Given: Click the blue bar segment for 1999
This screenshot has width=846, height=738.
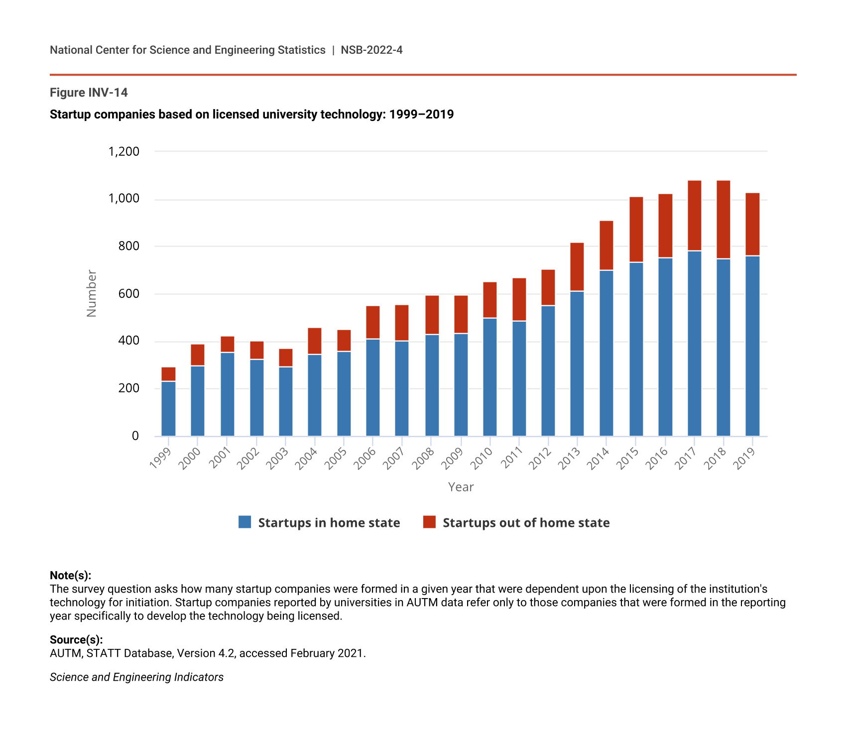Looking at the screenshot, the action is tap(168, 409).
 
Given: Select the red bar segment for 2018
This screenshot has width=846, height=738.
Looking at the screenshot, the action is tap(724, 220).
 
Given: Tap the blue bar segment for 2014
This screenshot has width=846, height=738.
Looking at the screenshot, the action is tap(606, 354).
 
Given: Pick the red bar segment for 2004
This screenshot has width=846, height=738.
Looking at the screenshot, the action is tap(315, 341).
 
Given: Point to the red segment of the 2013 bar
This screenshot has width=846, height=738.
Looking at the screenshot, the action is tap(577, 267).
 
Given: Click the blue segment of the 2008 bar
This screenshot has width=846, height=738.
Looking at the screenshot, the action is tap(432, 385).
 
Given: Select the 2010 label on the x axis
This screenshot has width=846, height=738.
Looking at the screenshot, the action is tap(482, 458).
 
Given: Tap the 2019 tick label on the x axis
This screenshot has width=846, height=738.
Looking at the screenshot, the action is tap(744, 458).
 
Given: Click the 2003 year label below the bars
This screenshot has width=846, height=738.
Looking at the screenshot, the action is tap(277, 458).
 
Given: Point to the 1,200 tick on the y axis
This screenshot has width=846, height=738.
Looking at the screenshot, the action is tap(124, 151).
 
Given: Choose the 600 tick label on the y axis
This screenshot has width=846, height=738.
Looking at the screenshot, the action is tap(129, 294).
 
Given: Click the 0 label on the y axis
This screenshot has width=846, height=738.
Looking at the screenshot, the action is tap(135, 436).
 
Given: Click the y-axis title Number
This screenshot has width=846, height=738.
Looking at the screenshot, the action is tap(92, 293).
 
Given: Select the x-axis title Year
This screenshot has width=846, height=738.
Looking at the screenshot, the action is tap(461, 487).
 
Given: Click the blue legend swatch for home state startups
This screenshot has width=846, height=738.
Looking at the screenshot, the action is tap(245, 522).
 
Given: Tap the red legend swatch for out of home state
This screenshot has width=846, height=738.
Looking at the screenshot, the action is tap(429, 522).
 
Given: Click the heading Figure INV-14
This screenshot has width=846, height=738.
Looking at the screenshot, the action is tap(89, 93).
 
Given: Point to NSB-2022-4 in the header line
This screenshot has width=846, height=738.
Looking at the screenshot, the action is tap(371, 50).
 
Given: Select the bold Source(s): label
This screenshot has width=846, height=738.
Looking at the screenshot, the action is tap(76, 640).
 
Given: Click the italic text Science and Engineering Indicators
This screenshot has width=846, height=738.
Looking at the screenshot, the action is tap(136, 677).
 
